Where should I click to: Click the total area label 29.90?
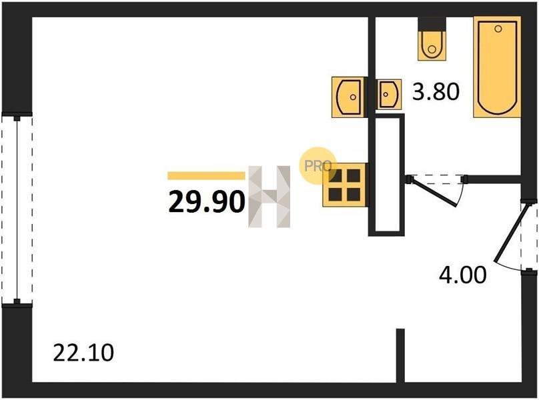pos(207,202)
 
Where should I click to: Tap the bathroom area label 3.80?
pos(436,92)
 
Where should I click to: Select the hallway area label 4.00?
pos(463,275)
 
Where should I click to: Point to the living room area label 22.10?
pos(83,353)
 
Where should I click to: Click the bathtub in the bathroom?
pos(497,67)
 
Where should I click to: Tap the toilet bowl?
pos(432,46)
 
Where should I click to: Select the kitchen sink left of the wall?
pos(348,97)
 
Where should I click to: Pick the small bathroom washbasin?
pos(389,95)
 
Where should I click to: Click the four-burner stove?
pos(344,185)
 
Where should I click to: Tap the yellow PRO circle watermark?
pos(318,166)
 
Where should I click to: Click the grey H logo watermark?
pos(269,197)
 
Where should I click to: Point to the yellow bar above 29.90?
pos(206,175)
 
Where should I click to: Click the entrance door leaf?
pos(510,232)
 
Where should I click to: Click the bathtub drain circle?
pos(498,29)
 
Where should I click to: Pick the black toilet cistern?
pos(432,24)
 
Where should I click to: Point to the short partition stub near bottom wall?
pos(400,355)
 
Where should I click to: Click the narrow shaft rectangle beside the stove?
pos(387,175)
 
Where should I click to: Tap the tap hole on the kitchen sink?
pos(353,97)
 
